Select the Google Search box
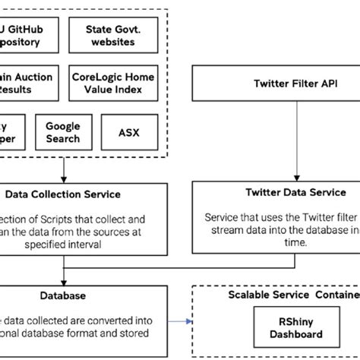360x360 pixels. [62, 133]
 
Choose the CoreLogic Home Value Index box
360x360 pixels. [114, 83]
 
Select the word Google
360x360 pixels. [62, 127]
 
